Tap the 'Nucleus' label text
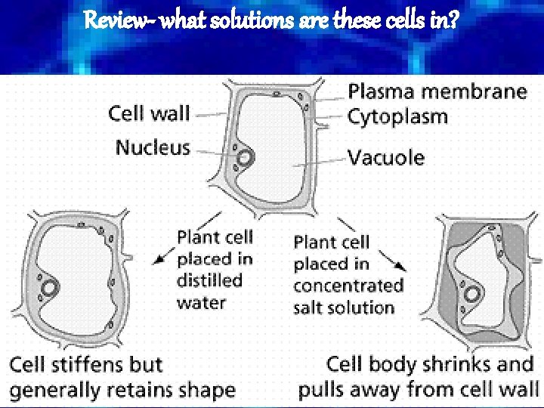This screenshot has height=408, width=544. tap(153, 147)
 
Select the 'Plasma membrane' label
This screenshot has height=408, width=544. tap(437, 92)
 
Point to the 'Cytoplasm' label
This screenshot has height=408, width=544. tap(397, 117)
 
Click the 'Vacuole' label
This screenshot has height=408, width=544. tap(385, 158)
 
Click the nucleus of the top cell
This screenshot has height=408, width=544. tap(246, 158)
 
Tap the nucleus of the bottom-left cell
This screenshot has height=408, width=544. tap(51, 288)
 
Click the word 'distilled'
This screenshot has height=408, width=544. tap(209, 280)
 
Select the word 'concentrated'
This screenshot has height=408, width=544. tap(348, 286)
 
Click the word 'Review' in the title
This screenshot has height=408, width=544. tap(113, 20)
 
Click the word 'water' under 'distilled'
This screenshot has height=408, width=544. tap(202, 302)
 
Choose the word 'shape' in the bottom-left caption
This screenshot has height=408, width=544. tap(206, 391)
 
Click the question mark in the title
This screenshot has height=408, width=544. tap(453, 20)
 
